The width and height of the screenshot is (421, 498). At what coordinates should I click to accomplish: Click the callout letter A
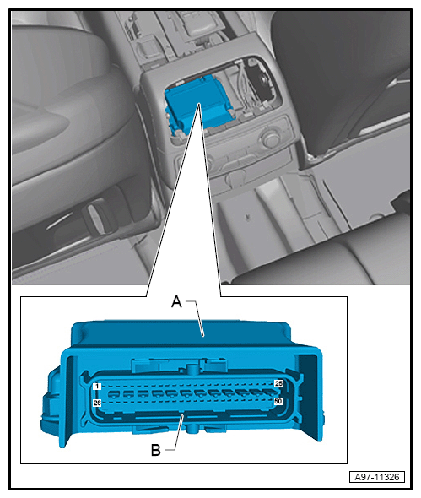tap(176, 301)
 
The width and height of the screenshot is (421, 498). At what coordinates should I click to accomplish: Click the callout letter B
tap(156, 450)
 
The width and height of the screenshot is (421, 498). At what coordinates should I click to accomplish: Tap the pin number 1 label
tap(97, 387)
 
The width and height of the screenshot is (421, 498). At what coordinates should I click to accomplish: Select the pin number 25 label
tap(278, 383)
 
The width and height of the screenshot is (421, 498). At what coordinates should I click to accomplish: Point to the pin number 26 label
tap(97, 403)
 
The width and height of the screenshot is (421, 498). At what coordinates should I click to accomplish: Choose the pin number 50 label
tap(278, 401)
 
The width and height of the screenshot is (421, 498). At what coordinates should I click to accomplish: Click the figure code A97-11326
tap(377, 477)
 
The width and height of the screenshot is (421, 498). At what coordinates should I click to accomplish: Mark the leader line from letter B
tap(176, 432)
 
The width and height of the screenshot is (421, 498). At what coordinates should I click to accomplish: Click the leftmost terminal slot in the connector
tap(113, 395)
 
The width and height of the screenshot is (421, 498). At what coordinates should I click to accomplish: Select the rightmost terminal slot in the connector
tap(267, 395)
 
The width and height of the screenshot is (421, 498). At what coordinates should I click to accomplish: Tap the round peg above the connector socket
tap(192, 369)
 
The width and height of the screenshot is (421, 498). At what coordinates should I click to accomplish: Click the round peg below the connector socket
tap(192, 428)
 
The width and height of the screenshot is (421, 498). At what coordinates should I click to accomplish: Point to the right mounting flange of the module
tap(310, 397)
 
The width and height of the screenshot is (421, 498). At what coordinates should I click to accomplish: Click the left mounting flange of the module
tap(67, 400)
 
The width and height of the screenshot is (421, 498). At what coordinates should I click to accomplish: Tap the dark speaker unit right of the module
tap(261, 80)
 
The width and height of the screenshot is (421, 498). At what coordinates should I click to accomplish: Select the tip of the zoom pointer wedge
tap(199, 103)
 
